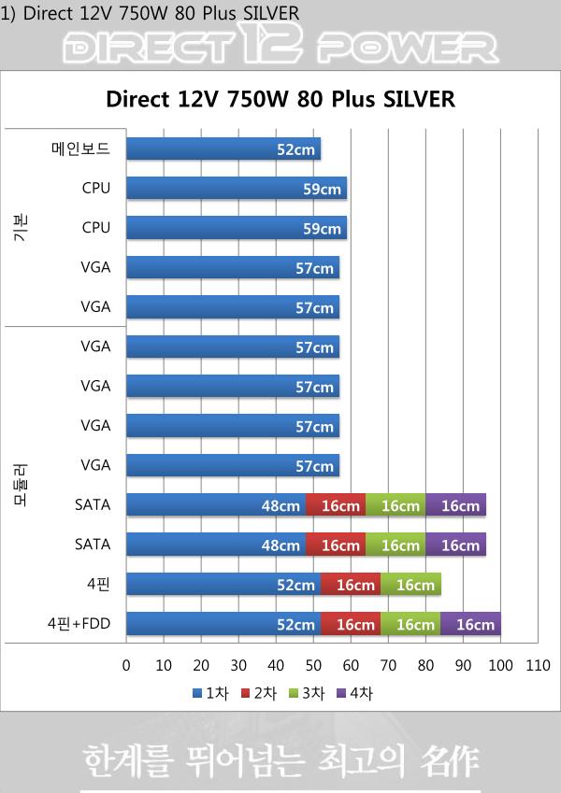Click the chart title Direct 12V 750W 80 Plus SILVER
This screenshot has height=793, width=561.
coord(280,99)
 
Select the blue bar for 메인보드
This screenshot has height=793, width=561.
coord(223,149)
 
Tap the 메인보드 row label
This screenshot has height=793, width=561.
coord(80,149)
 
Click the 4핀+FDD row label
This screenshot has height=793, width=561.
coord(79,623)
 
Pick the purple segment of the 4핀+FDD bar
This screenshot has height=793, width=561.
coord(470,624)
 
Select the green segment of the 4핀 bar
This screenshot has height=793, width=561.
coord(410,585)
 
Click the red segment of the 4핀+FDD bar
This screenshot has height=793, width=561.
coord(351,624)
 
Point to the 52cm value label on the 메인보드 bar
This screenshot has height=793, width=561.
coord(295,149)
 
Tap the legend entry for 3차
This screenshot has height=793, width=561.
coord(309,693)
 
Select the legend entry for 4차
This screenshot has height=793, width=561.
coord(358,693)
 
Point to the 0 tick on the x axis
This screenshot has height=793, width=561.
coord(126,666)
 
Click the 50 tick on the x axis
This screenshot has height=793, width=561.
coord(313,666)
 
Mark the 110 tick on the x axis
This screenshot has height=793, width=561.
coord(538,666)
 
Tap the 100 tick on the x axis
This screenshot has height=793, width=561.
coord(500,666)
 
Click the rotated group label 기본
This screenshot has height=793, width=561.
coord(21,227)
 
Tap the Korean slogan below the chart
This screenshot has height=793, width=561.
coord(280,760)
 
